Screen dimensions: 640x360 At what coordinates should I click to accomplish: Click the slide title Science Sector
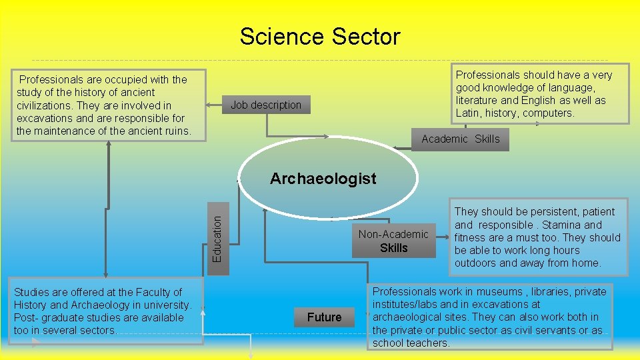320,36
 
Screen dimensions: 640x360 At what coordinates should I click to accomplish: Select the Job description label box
266,105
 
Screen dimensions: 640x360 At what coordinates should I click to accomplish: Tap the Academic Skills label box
460,139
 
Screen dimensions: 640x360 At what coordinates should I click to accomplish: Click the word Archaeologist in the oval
323,179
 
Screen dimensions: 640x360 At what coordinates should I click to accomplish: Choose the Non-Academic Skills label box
393,241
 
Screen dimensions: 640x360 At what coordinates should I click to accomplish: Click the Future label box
324,317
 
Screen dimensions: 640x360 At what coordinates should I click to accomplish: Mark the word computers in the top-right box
549,113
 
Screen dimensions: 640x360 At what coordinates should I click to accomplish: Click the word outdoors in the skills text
475,263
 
